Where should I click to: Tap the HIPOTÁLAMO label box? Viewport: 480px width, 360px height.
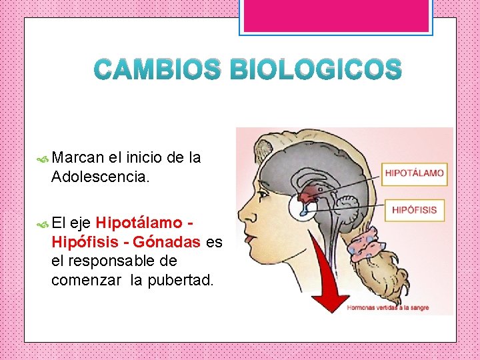[414, 173]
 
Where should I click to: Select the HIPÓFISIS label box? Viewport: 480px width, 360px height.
[414, 210]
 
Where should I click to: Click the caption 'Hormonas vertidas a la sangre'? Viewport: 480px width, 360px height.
[387, 308]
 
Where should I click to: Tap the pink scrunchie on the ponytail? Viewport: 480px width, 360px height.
[366, 245]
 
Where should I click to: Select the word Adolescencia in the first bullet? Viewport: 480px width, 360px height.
[101, 177]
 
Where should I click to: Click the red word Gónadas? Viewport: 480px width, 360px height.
[170, 243]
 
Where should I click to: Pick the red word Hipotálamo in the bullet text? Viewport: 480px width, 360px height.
[138, 223]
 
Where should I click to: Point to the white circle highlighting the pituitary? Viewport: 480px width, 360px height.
[303, 206]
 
